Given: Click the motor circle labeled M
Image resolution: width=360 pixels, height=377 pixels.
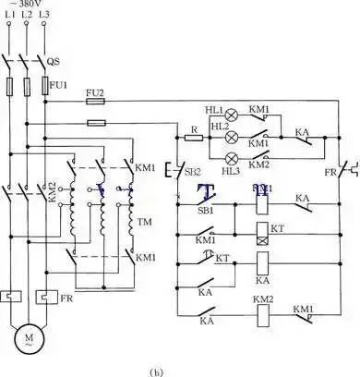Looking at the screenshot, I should (x=28, y=339).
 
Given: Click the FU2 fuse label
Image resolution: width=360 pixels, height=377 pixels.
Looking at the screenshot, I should (x=96, y=93).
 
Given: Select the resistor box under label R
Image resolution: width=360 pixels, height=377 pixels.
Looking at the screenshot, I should (x=193, y=138).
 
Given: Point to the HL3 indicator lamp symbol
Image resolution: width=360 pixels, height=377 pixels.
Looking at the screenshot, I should (x=232, y=156).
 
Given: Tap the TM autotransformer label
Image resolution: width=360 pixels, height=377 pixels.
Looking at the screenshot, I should (x=144, y=222).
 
